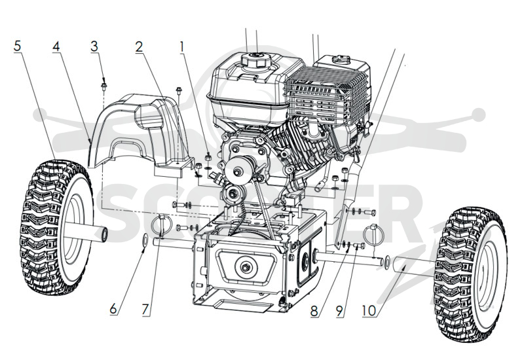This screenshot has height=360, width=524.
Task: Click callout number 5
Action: tap(18, 46)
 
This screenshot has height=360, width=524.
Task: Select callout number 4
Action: tap(56, 46)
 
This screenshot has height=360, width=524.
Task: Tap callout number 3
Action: tap(94, 46)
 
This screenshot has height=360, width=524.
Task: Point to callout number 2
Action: tap(139, 46)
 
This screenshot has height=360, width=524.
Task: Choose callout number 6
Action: tap(113, 309)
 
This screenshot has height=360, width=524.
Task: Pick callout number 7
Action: tap(145, 310)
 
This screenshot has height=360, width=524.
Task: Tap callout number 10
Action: tap(369, 311)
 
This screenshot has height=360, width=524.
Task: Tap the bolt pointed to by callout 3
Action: tap(103, 86)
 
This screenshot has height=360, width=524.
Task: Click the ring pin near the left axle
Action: tap(162, 225)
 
